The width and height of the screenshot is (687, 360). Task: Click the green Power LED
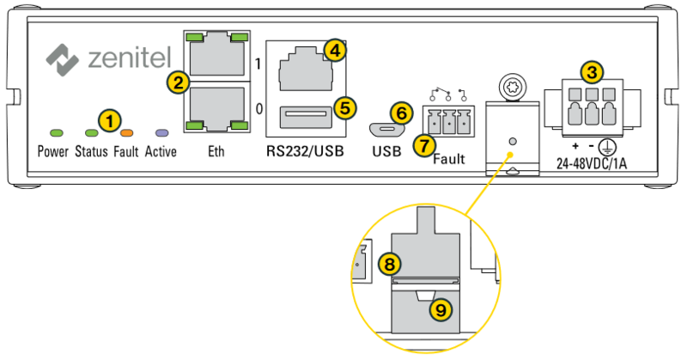coord(58,133)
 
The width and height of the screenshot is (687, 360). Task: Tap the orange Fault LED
coord(126,133)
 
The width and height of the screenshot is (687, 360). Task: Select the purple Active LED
coord(161,133)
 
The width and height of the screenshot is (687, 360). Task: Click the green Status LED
coord(91,133)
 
